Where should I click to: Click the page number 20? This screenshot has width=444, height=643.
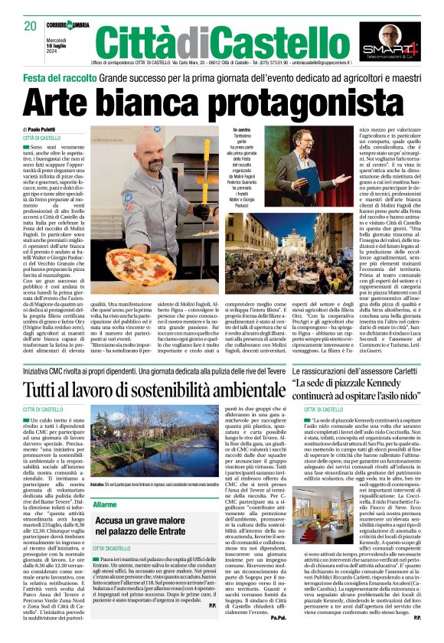tap(30, 25)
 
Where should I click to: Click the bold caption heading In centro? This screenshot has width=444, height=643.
tap(242, 131)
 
